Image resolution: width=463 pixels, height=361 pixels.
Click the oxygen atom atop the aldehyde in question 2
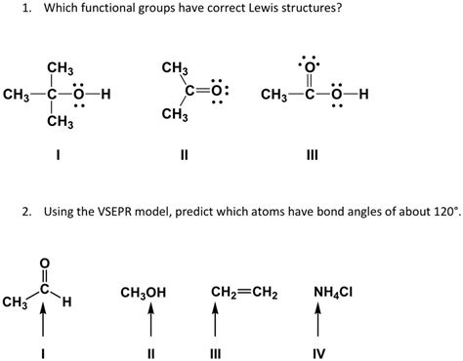41,261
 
